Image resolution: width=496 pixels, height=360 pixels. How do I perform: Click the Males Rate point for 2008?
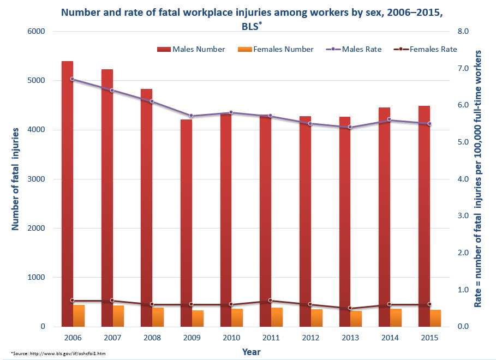tap(152, 101)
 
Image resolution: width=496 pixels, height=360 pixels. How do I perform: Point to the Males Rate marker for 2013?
tap(350, 128)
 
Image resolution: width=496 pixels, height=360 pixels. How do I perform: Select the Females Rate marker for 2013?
tap(350, 308)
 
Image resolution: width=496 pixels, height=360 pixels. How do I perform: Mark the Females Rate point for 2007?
tap(112, 301)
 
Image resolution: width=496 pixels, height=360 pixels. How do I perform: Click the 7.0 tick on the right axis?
tap(463, 69)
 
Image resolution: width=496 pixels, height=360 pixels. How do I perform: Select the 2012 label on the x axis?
tap(310, 338)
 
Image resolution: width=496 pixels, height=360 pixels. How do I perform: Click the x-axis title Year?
tap(252, 352)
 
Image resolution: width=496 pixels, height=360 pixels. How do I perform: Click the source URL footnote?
tap(58, 354)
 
